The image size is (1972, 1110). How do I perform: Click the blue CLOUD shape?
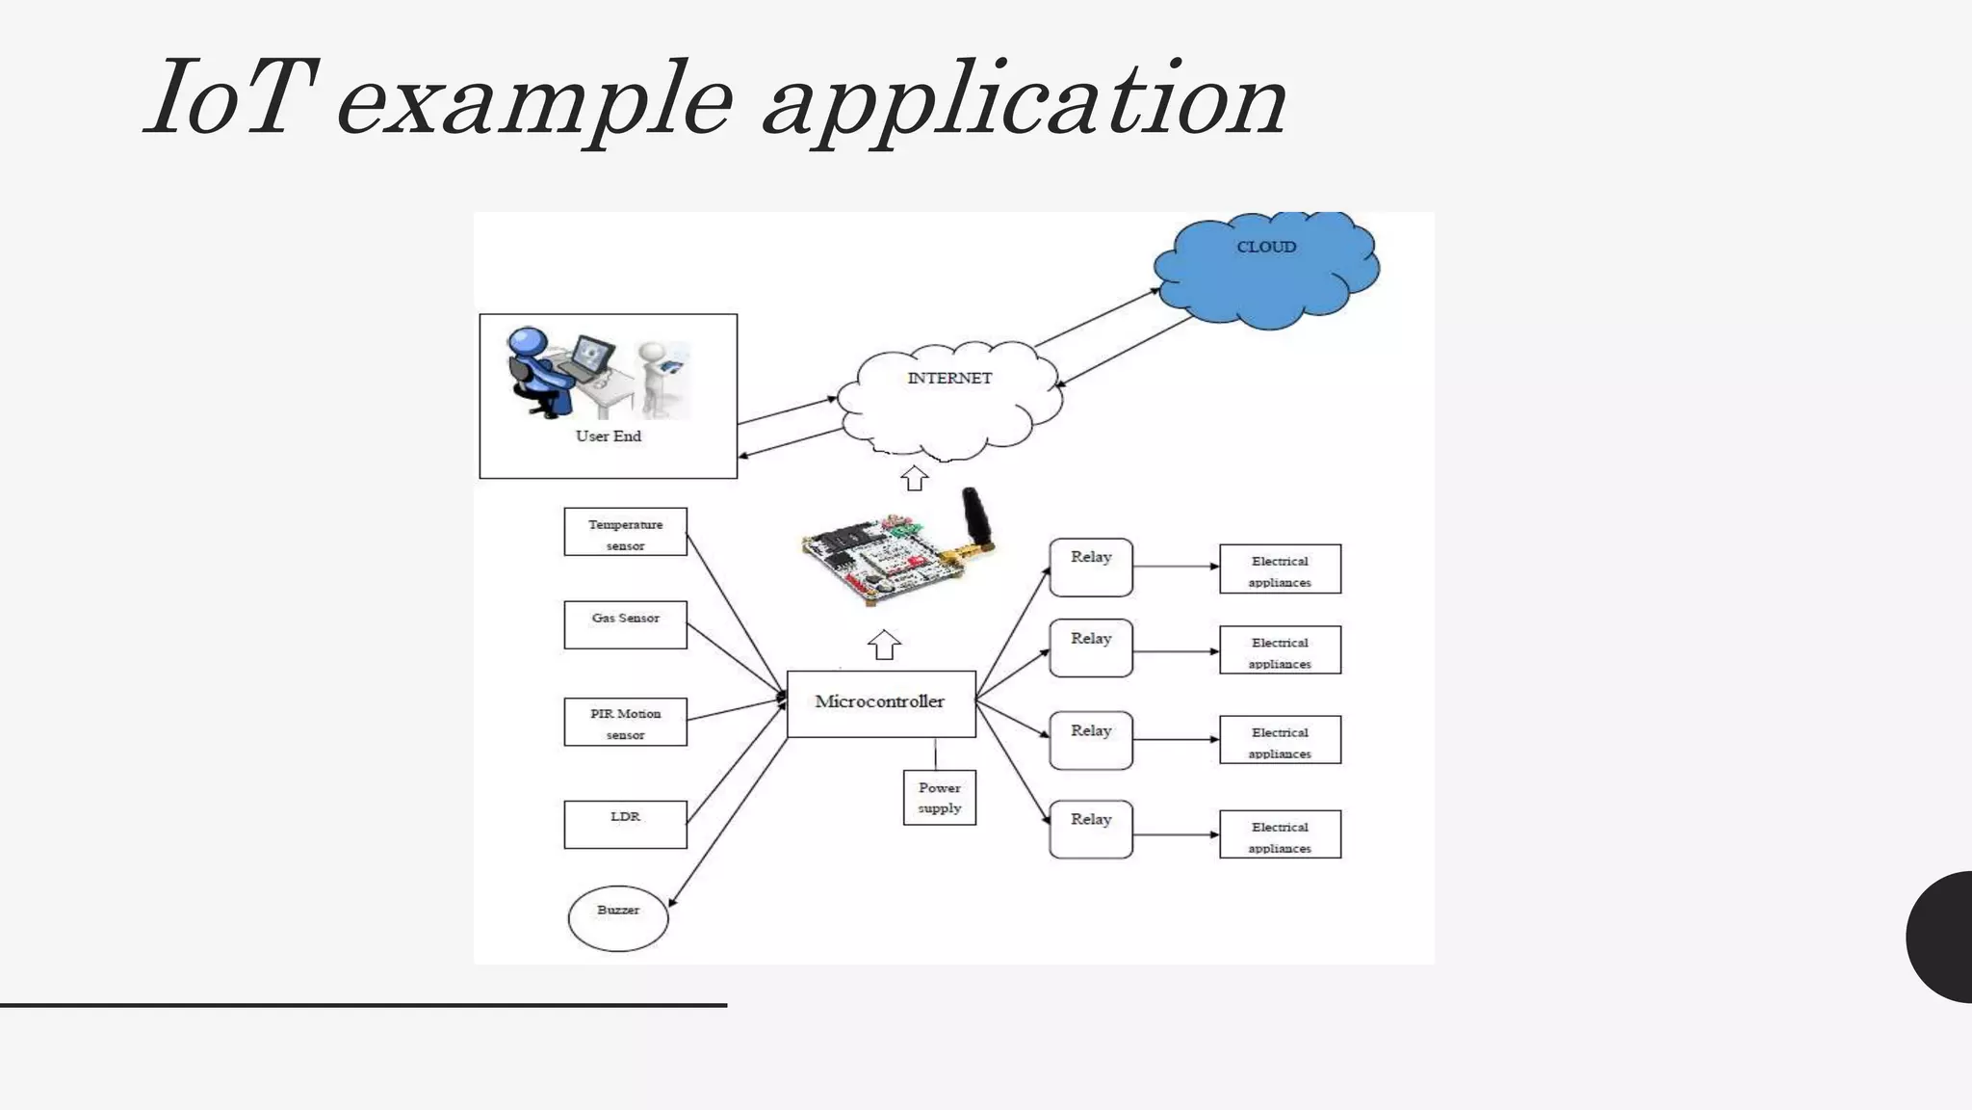click(1266, 271)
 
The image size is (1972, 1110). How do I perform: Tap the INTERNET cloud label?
click(949, 379)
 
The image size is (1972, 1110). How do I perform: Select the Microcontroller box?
click(881, 703)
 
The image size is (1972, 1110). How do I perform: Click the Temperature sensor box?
click(625, 532)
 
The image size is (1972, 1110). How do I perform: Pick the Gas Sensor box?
click(625, 624)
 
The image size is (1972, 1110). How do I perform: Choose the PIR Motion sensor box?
click(625, 722)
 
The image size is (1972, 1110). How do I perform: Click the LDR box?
click(625, 824)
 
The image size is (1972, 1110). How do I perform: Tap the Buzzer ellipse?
click(618, 918)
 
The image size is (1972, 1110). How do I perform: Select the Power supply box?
click(939, 798)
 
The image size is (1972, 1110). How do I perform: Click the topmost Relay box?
click(1091, 568)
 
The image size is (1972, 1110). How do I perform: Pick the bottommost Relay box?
click(1091, 829)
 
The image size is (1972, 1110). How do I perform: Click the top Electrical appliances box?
click(1280, 569)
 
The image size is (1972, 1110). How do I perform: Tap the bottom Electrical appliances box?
click(1280, 834)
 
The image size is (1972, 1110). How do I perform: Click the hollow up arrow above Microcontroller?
click(884, 645)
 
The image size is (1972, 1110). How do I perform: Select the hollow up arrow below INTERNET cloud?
click(914, 478)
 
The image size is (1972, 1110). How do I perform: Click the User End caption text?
click(609, 436)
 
